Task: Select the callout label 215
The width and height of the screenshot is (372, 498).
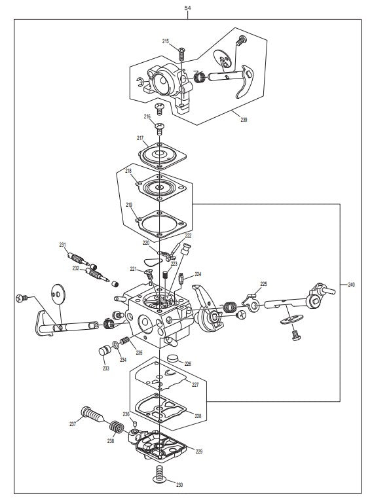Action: (x=166, y=41)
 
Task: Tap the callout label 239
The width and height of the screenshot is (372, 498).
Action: (x=243, y=120)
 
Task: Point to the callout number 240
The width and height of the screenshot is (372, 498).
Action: (x=352, y=285)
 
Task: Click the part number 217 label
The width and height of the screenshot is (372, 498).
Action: (x=140, y=138)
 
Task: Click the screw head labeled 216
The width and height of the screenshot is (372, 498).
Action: (x=158, y=124)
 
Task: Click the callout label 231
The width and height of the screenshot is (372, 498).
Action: (x=63, y=245)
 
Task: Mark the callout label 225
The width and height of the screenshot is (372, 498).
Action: (x=263, y=284)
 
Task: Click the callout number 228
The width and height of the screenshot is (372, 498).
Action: (x=198, y=415)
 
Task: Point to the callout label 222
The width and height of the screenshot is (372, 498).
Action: (x=188, y=235)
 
